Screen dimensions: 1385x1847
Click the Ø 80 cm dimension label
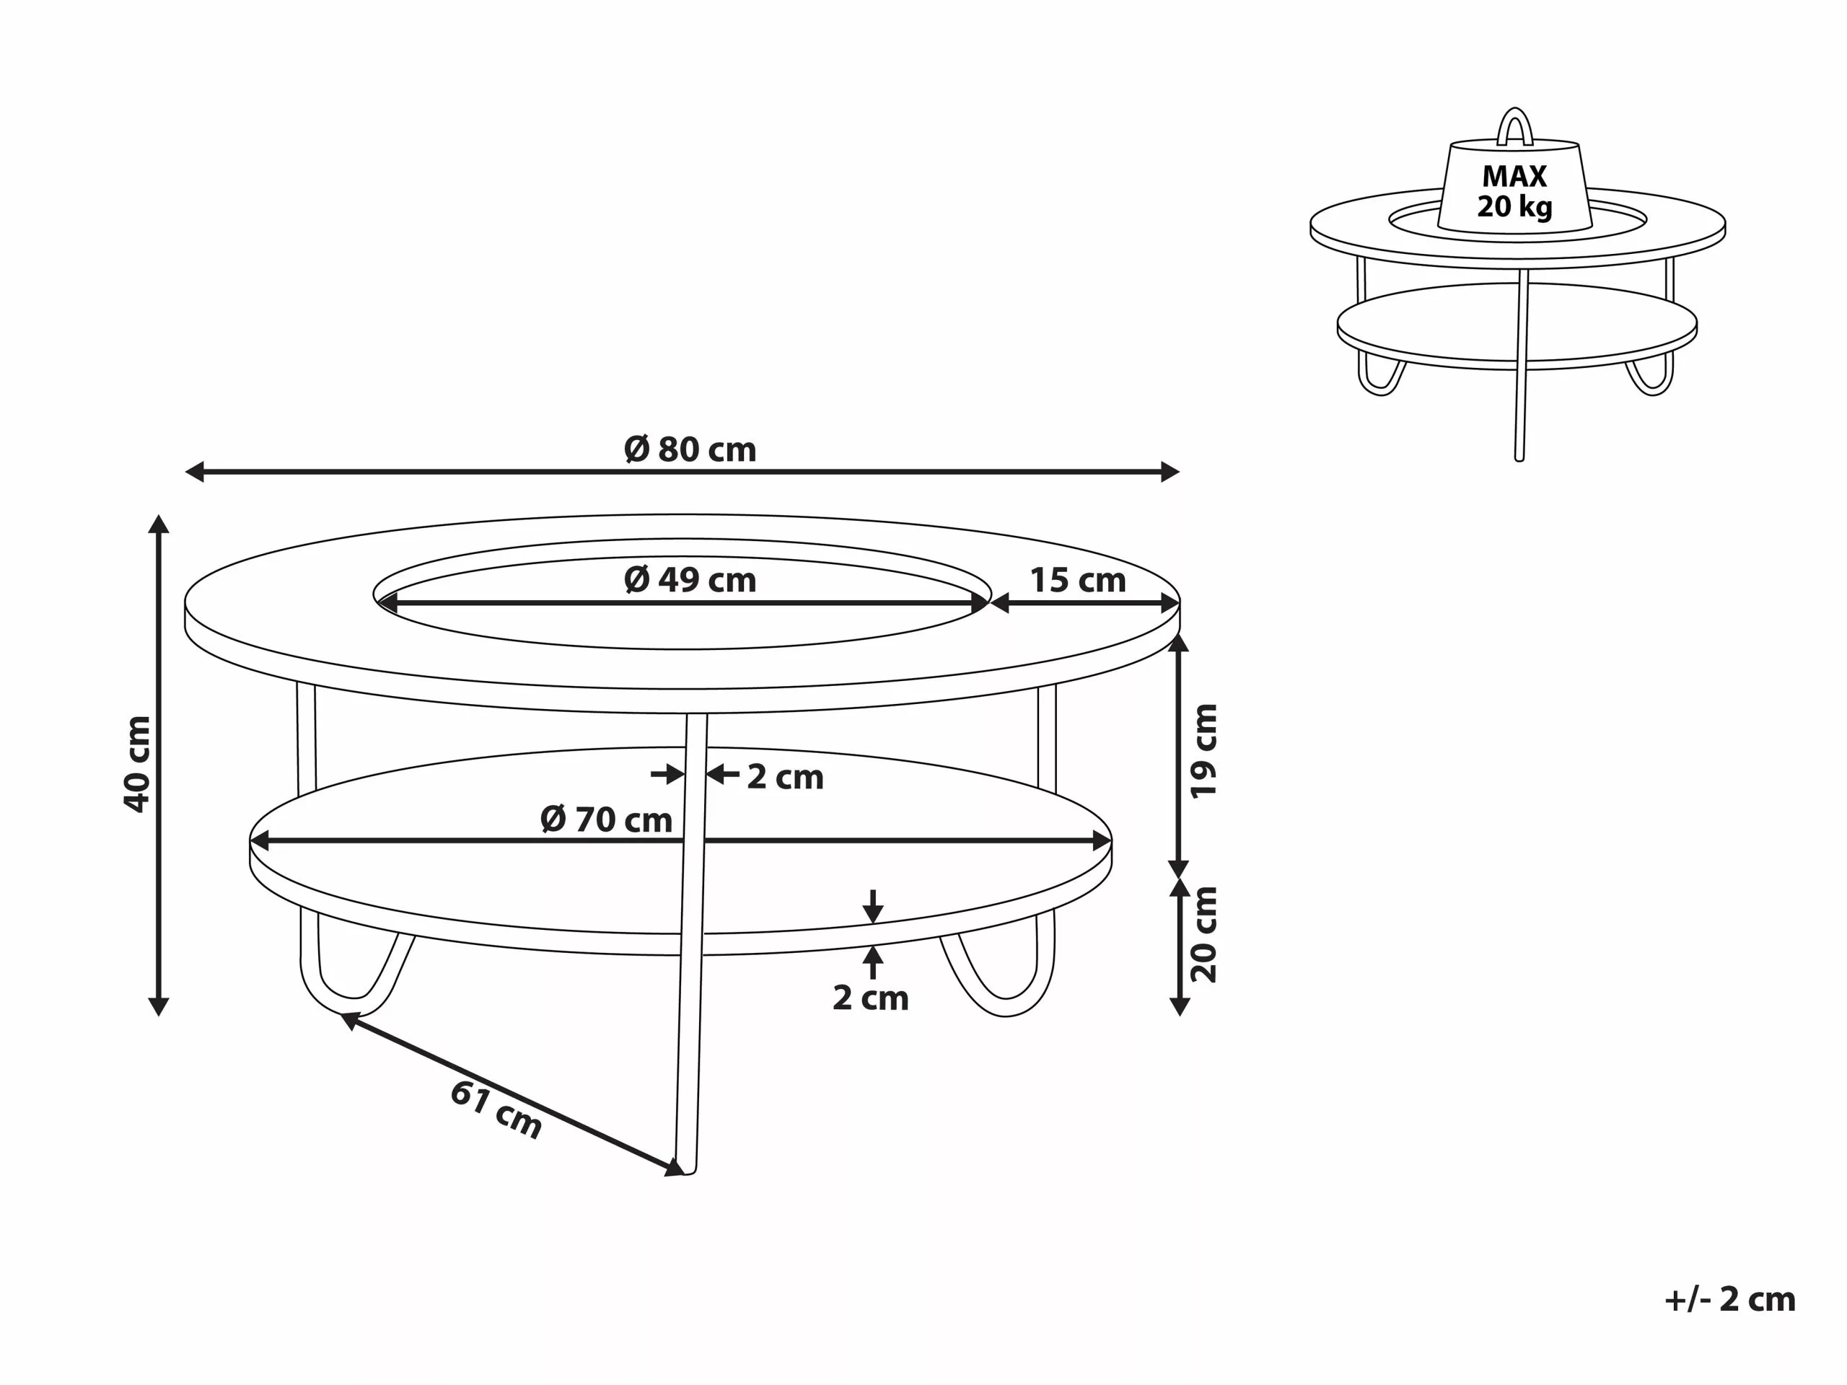pyautogui.click(x=690, y=450)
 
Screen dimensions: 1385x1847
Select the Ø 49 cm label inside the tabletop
pyautogui.click(x=690, y=580)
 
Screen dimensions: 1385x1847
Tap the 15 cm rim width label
pyautogui.click(x=1077, y=580)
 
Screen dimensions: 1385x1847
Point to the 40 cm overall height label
pyautogui.click(x=138, y=763)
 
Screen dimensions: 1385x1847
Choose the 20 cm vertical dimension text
pyautogui.click(x=1204, y=934)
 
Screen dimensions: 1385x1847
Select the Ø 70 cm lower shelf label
pyautogui.click(x=606, y=819)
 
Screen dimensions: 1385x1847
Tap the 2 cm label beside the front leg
pyautogui.click(x=784, y=777)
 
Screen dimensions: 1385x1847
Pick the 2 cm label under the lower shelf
pyautogui.click(x=870, y=998)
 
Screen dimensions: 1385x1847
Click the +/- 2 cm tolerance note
pyautogui.click(x=1729, y=1299)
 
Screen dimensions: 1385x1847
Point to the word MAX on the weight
pyautogui.click(x=1514, y=176)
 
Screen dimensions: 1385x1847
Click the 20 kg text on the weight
pyautogui.click(x=1514, y=206)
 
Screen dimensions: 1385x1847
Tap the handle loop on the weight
pyautogui.click(x=1514, y=126)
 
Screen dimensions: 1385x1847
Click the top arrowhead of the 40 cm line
pyautogui.click(x=159, y=524)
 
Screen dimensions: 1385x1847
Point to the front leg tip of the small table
pyautogui.click(x=1519, y=457)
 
